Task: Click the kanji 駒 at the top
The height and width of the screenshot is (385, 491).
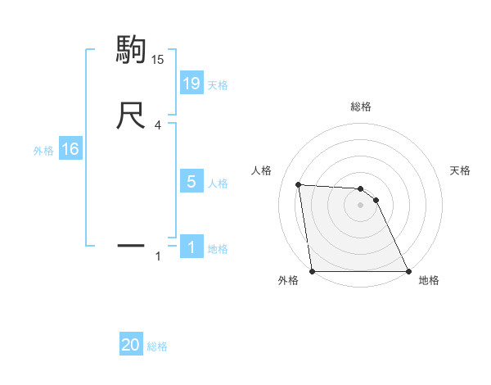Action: (x=131, y=50)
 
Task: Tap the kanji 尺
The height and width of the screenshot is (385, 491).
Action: (x=131, y=116)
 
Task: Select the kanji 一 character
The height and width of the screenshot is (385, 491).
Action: (x=131, y=244)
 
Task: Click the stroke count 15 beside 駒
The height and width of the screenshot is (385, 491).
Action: (x=157, y=59)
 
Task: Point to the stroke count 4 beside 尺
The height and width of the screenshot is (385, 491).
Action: (x=157, y=126)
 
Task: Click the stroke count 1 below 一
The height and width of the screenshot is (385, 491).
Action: (x=158, y=257)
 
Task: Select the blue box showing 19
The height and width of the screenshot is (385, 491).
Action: (x=191, y=83)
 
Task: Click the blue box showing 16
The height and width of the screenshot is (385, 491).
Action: (x=70, y=149)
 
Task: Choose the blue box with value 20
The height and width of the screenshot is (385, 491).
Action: (x=131, y=345)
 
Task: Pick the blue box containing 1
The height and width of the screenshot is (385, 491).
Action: (x=191, y=247)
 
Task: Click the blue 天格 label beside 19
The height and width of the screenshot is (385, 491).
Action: (x=218, y=84)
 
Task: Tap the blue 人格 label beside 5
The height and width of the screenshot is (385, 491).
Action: (x=218, y=183)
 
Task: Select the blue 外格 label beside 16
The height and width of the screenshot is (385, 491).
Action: (x=43, y=151)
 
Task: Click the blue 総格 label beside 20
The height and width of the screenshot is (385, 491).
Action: (x=157, y=347)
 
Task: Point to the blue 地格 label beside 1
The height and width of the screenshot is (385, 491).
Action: (x=218, y=249)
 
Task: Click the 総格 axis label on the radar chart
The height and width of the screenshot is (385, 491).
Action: (x=360, y=106)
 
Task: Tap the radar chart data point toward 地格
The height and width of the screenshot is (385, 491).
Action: (x=408, y=271)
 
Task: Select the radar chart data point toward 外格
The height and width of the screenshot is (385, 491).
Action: (x=312, y=271)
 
